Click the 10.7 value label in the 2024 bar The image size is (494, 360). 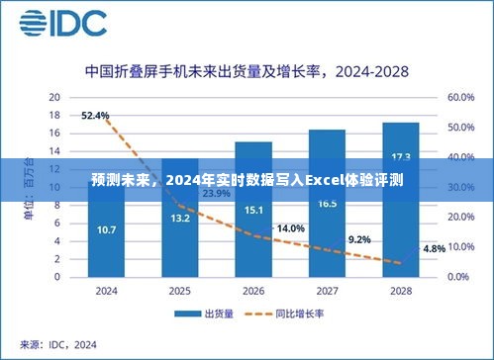(106, 230)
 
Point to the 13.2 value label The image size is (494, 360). (180, 219)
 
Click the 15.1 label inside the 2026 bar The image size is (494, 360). (253, 210)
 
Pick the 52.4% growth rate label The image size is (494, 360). (95, 116)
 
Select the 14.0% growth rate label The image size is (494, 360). (290, 228)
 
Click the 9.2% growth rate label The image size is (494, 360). (359, 239)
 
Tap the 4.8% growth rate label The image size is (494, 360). (434, 248)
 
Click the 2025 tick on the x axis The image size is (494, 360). (180, 291)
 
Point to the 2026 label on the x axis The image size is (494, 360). (253, 291)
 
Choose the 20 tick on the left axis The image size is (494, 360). (55, 98)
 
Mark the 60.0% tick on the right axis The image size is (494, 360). (462, 98)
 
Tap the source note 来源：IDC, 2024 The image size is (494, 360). (62, 344)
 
